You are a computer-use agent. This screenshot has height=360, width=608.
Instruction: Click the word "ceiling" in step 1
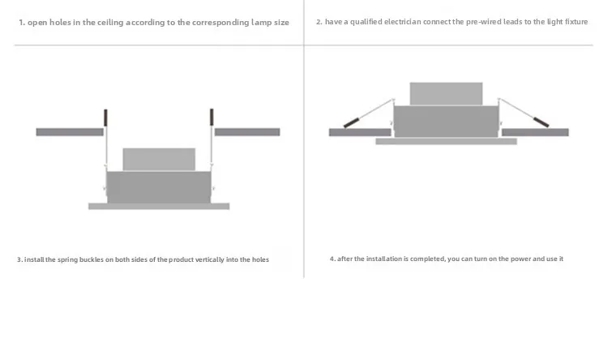point(110,23)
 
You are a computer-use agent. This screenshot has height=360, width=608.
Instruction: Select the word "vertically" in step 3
point(210,259)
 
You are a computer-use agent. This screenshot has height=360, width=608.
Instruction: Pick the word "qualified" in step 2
point(366,22)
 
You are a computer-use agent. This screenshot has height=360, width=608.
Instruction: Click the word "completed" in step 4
point(428,259)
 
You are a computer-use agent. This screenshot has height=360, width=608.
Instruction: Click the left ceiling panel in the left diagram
point(70,132)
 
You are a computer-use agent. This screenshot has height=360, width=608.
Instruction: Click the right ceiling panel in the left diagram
point(247,132)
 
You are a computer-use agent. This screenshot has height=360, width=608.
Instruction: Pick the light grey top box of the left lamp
point(159,159)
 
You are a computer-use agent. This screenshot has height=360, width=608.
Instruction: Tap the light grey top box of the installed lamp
point(447,93)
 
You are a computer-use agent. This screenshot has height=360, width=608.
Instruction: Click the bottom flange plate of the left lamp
point(159,207)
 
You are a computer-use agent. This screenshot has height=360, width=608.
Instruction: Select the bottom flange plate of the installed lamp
point(447,141)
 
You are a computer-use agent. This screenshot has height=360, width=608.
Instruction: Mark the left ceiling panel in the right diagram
point(360,132)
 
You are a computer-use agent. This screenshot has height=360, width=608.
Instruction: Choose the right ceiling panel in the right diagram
point(536,132)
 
